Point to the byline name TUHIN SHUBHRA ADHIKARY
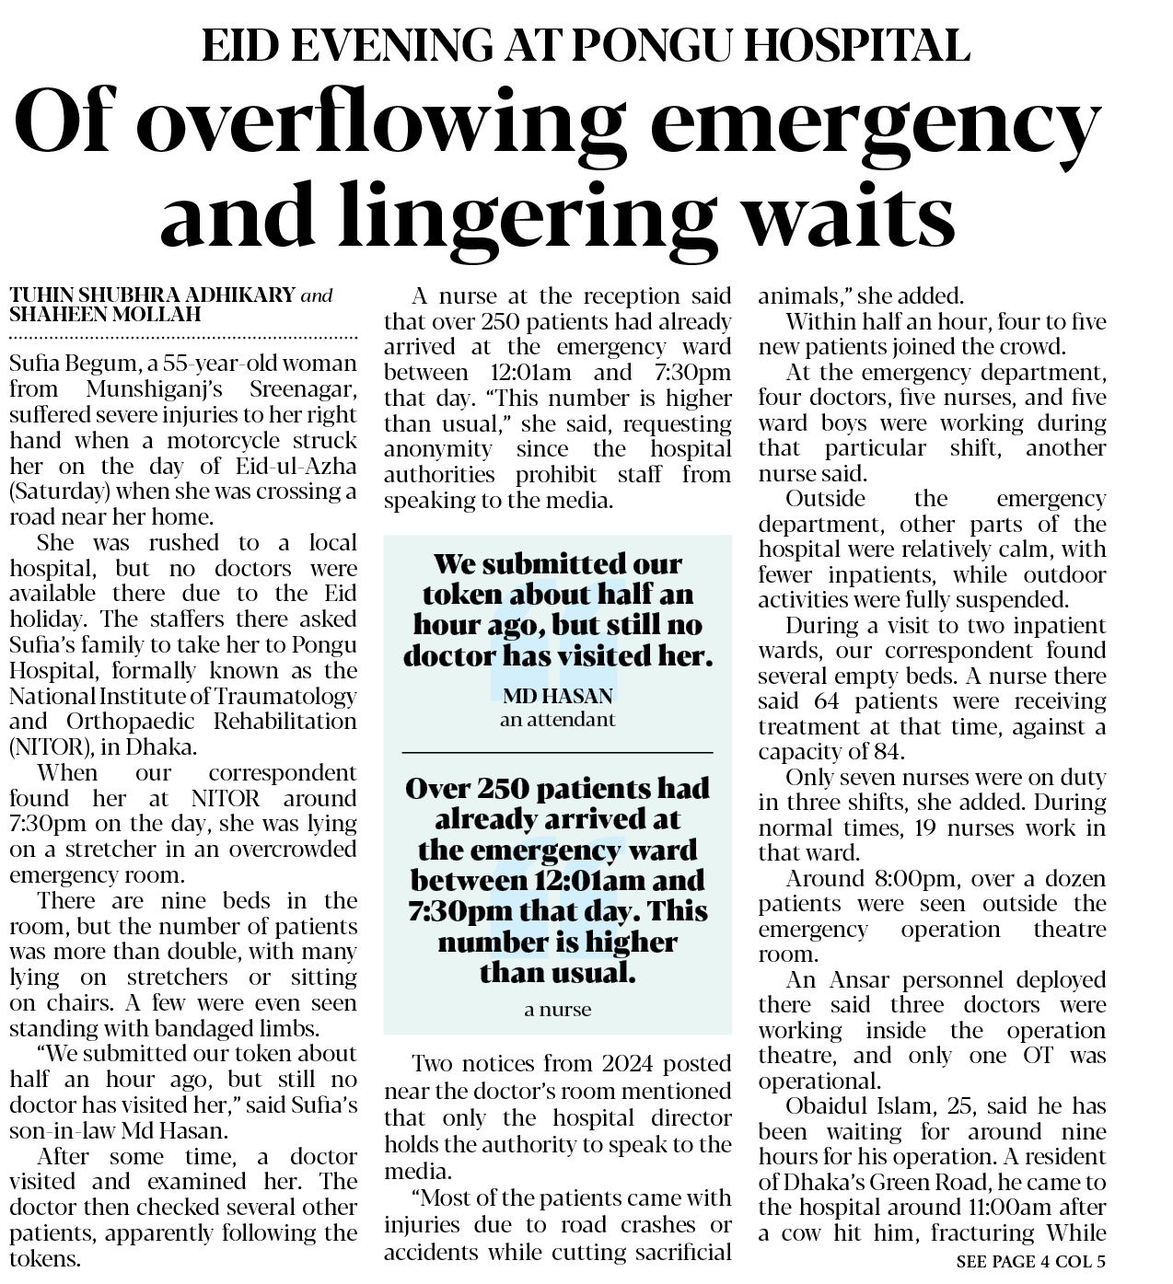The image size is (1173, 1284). click(x=153, y=295)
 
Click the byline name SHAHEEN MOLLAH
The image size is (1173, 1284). click(x=104, y=315)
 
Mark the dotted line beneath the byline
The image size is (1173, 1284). click(x=183, y=338)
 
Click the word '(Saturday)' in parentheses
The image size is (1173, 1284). click(x=58, y=491)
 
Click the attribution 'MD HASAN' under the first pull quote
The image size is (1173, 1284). click(x=557, y=696)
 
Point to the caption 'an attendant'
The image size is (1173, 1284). click(x=557, y=720)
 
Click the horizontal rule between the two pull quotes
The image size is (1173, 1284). click(x=557, y=753)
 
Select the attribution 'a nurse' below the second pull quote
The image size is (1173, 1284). click(x=557, y=1010)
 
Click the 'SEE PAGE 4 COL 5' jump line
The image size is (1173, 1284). click(x=1030, y=1261)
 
